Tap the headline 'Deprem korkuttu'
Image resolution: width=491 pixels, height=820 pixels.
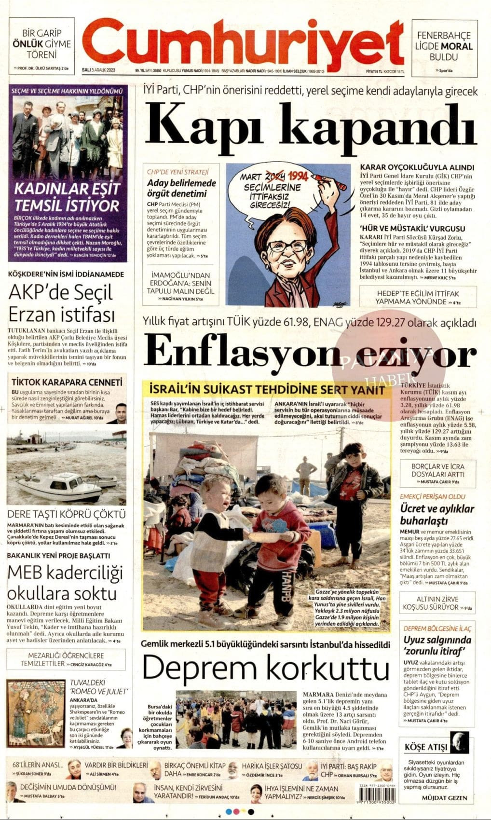point(265,668)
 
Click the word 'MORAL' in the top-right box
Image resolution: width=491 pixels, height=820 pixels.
point(456,46)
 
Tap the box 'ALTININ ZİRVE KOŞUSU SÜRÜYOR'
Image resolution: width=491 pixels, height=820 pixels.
point(437,602)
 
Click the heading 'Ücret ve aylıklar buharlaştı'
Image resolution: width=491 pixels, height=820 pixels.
point(437,515)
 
